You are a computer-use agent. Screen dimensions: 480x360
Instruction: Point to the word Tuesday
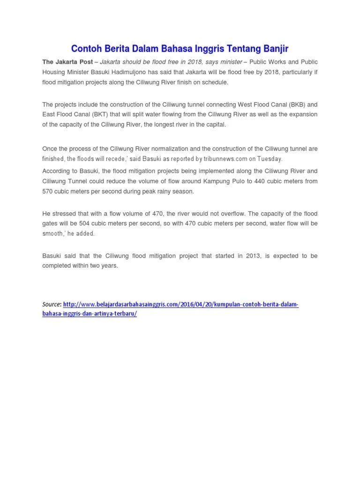pyautogui.click(x=270, y=159)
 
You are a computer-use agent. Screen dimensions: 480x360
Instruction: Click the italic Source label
pyautogui.click(x=52, y=305)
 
